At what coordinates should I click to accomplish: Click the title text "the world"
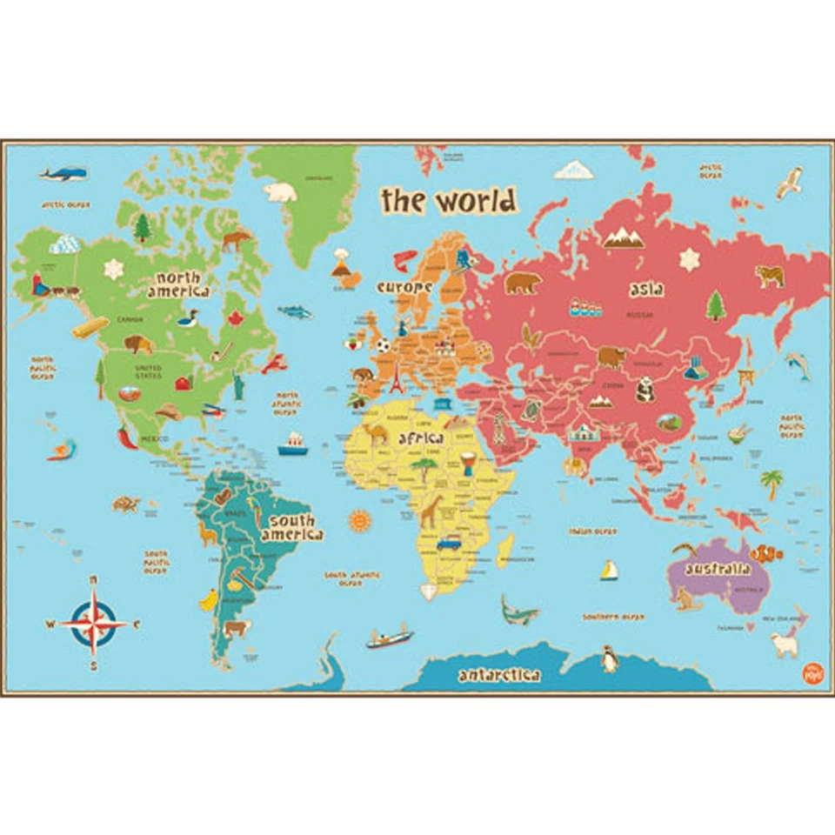tap(449, 201)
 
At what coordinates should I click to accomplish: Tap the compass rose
tap(94, 622)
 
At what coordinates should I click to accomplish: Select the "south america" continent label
tap(291, 527)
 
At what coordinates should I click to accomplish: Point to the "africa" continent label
tap(421, 438)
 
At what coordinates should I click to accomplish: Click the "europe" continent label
tap(404, 286)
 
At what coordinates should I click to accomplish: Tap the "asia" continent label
tap(646, 290)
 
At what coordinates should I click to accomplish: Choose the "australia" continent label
tap(718, 570)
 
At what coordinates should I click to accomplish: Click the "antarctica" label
tap(499, 675)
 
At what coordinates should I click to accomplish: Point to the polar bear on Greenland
tap(280, 191)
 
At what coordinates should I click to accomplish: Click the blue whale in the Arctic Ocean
tap(63, 174)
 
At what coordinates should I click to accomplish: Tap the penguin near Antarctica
tap(610, 658)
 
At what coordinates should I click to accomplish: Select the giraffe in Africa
tap(431, 511)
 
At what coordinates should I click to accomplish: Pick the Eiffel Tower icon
tap(397, 380)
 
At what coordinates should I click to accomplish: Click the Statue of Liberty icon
tap(237, 385)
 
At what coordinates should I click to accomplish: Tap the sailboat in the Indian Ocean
tap(609, 570)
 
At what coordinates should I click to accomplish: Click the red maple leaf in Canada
tap(235, 318)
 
